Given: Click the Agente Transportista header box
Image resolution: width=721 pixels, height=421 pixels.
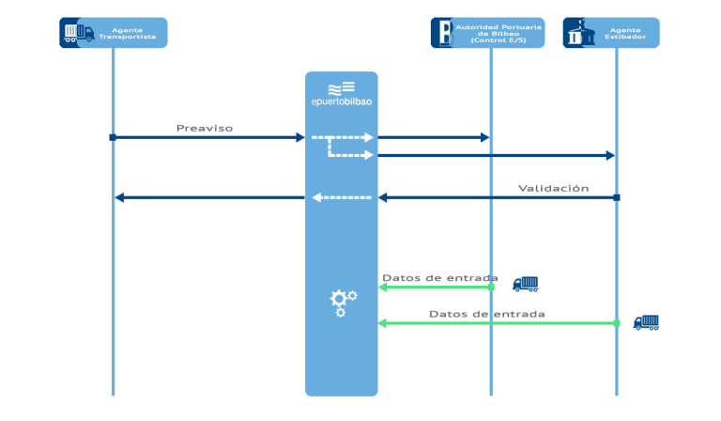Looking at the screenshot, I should coord(114,33).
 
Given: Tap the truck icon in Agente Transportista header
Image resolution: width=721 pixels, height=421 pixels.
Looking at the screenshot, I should coord(78,33).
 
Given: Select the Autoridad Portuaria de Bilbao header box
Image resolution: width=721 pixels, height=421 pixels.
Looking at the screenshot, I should coord(487,33).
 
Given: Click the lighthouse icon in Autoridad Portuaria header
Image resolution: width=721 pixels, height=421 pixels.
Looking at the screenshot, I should coord(442,33).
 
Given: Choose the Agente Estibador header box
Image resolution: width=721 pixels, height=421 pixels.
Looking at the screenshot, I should coord(611,33).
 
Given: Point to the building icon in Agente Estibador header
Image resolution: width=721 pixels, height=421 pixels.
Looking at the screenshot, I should coord(578,33).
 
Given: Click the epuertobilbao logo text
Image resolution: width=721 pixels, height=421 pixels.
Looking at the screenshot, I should coord(342,101).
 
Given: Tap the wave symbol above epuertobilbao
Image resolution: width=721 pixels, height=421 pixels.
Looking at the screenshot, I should coord(341,86).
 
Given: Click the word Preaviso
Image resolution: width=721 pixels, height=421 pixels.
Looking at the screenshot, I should coord(205,128).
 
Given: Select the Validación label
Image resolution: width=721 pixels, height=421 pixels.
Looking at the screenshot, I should coord(553,188).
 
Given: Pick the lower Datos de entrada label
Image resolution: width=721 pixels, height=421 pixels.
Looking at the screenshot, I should coord(486,314).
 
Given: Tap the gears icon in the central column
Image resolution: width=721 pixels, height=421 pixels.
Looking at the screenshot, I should coord(342,302).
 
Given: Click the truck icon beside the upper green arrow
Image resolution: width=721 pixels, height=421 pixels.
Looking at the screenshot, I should coord(525,284).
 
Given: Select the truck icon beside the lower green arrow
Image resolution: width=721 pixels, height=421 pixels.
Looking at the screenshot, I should coord(646,322).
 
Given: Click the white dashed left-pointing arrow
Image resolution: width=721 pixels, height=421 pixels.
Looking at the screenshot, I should coord(342,197).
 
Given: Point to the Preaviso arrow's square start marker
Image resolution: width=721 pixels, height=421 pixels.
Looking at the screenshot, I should coord(113,137).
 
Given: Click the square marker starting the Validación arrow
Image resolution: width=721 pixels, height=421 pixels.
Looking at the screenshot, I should coord(617,197).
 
